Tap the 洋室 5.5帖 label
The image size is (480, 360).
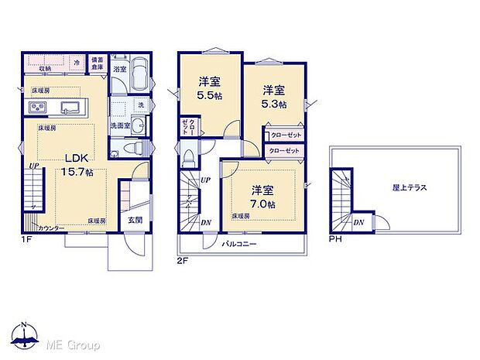(x=208, y=87)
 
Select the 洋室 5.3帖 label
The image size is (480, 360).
(x=273, y=96)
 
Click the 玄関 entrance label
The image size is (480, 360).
(x=135, y=221)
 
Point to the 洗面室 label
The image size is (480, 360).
(x=119, y=125)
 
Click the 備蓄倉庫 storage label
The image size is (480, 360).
(x=97, y=63)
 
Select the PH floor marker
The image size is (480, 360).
(x=334, y=239)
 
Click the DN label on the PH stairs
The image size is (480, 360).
(x=358, y=222)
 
